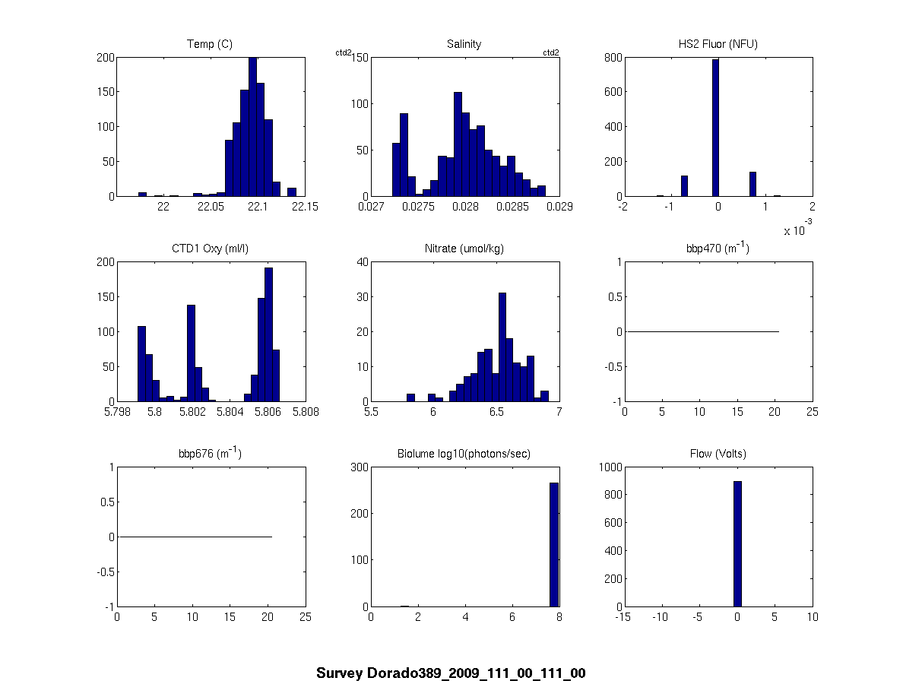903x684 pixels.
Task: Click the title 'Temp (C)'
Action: point(210,44)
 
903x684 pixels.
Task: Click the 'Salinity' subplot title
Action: point(464,44)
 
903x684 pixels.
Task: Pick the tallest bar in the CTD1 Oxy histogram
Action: point(268,334)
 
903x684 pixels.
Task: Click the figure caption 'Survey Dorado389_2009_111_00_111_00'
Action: point(451,673)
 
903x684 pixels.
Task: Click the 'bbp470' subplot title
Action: point(718,249)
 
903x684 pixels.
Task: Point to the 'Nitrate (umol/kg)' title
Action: point(464,249)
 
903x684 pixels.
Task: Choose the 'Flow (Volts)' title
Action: point(718,454)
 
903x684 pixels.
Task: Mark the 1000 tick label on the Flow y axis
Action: point(608,467)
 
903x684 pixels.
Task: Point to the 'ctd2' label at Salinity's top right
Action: point(550,52)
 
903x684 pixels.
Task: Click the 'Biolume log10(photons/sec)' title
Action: point(464,454)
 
